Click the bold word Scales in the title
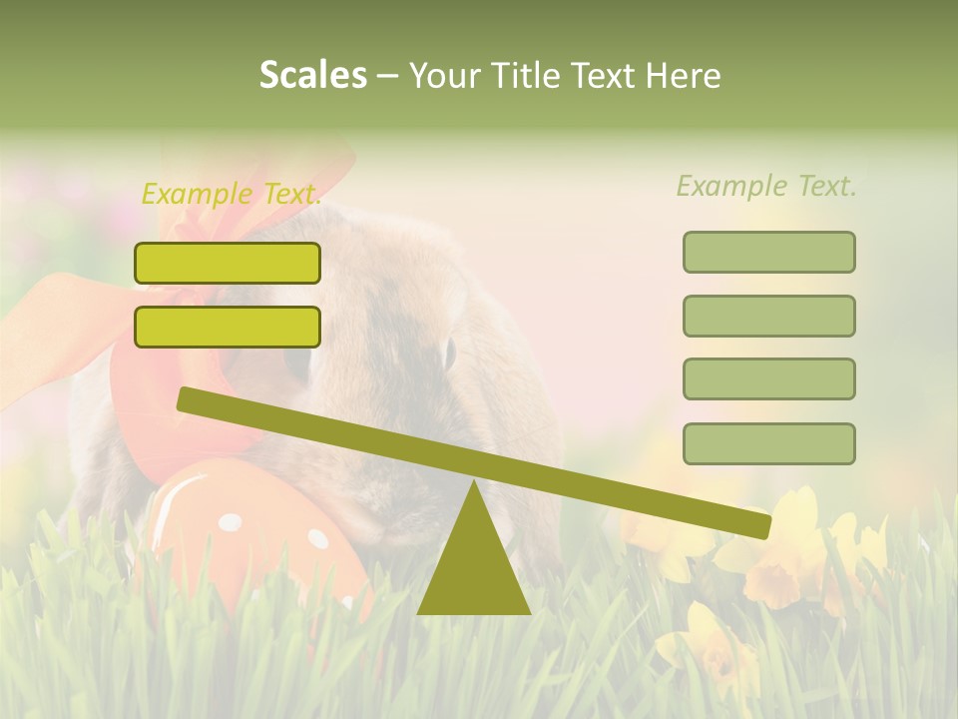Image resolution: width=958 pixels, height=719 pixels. point(312,75)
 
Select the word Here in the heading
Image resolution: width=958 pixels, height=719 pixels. point(685,76)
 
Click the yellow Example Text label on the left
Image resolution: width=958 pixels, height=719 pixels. point(231,194)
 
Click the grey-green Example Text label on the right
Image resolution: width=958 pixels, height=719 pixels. point(766,186)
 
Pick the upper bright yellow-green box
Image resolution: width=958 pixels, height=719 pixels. point(228,263)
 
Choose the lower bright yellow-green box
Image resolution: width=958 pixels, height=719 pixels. point(228,327)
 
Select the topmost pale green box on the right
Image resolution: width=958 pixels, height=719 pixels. point(768,252)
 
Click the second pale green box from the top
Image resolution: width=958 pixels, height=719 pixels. point(768,316)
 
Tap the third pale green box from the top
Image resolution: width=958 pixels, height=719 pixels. point(768,378)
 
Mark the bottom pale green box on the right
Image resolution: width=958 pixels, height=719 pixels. point(768,443)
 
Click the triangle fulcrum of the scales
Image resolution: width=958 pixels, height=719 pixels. point(473,564)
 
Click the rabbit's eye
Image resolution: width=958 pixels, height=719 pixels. point(449,352)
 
